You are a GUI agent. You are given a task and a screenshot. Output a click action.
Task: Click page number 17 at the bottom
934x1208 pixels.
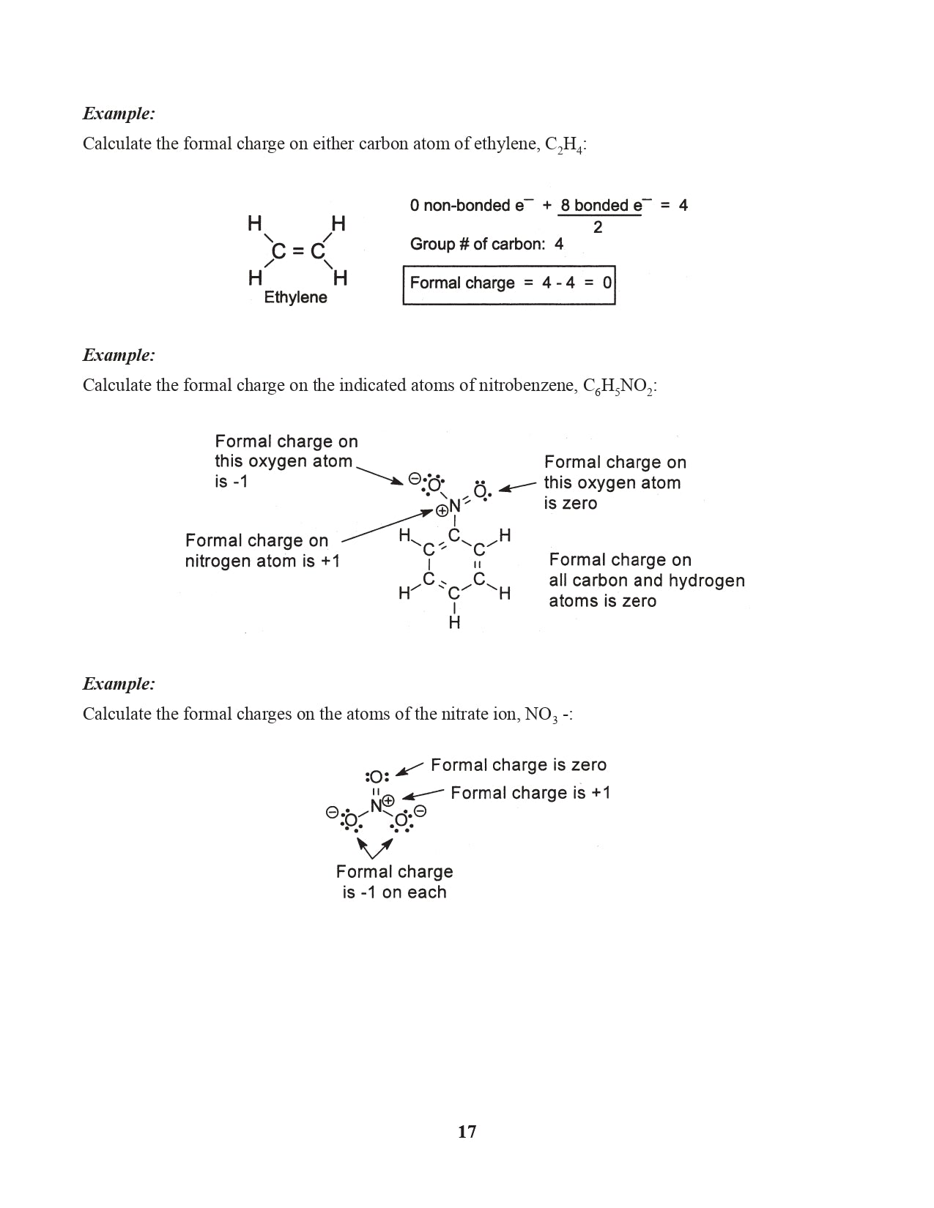(x=467, y=1132)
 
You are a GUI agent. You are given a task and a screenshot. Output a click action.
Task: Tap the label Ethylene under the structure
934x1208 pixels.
(x=295, y=297)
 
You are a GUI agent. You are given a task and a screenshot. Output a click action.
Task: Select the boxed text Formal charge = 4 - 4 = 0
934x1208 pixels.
(x=509, y=283)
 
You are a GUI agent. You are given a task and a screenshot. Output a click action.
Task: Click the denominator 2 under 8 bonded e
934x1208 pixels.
(x=598, y=228)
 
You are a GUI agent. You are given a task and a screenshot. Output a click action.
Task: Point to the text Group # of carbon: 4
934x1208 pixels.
(x=486, y=245)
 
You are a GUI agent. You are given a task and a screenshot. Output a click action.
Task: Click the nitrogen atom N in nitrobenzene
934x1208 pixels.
(x=455, y=505)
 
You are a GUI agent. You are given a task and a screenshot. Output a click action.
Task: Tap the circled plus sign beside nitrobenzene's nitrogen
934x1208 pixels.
(x=442, y=511)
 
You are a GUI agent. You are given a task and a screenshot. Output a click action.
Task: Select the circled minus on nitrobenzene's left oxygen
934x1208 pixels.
(x=415, y=480)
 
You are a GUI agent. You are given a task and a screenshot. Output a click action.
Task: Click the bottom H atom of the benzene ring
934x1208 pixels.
(x=454, y=623)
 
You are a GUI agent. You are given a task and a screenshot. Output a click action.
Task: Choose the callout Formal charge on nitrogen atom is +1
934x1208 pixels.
(x=262, y=551)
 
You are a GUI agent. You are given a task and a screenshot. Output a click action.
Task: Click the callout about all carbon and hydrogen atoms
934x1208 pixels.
(x=646, y=581)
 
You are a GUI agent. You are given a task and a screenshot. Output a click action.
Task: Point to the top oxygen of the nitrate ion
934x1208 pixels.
(x=377, y=776)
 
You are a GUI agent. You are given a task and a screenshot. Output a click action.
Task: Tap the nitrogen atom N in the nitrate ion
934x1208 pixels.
(x=376, y=806)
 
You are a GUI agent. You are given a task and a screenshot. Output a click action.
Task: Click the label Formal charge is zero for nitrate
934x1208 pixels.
(x=518, y=765)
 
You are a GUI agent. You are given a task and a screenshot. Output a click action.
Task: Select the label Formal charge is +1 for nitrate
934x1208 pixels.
(x=530, y=793)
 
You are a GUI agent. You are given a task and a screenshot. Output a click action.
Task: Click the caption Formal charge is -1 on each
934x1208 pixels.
(x=394, y=881)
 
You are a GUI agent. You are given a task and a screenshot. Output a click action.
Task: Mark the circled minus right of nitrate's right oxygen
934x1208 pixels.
(x=420, y=811)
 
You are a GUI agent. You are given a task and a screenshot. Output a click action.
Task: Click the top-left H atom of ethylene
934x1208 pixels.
(x=254, y=223)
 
